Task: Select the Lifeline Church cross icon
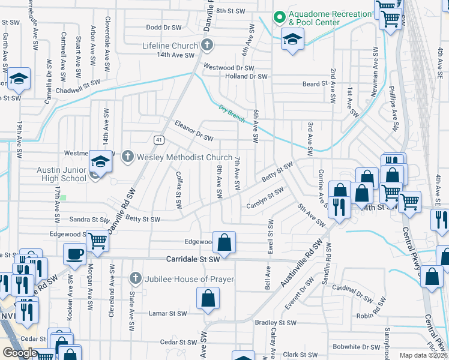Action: [x=206, y=45]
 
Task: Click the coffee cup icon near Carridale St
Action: [x=74, y=254]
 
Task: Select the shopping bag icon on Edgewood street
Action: [x=224, y=242]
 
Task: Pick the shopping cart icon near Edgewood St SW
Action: [x=97, y=241]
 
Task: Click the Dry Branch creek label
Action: [x=232, y=114]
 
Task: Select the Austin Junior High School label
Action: [x=62, y=174]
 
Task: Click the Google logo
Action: [x=20, y=353]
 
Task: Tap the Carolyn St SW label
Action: [x=265, y=200]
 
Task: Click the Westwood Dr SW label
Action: [x=229, y=67]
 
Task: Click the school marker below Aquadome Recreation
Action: [x=292, y=40]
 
